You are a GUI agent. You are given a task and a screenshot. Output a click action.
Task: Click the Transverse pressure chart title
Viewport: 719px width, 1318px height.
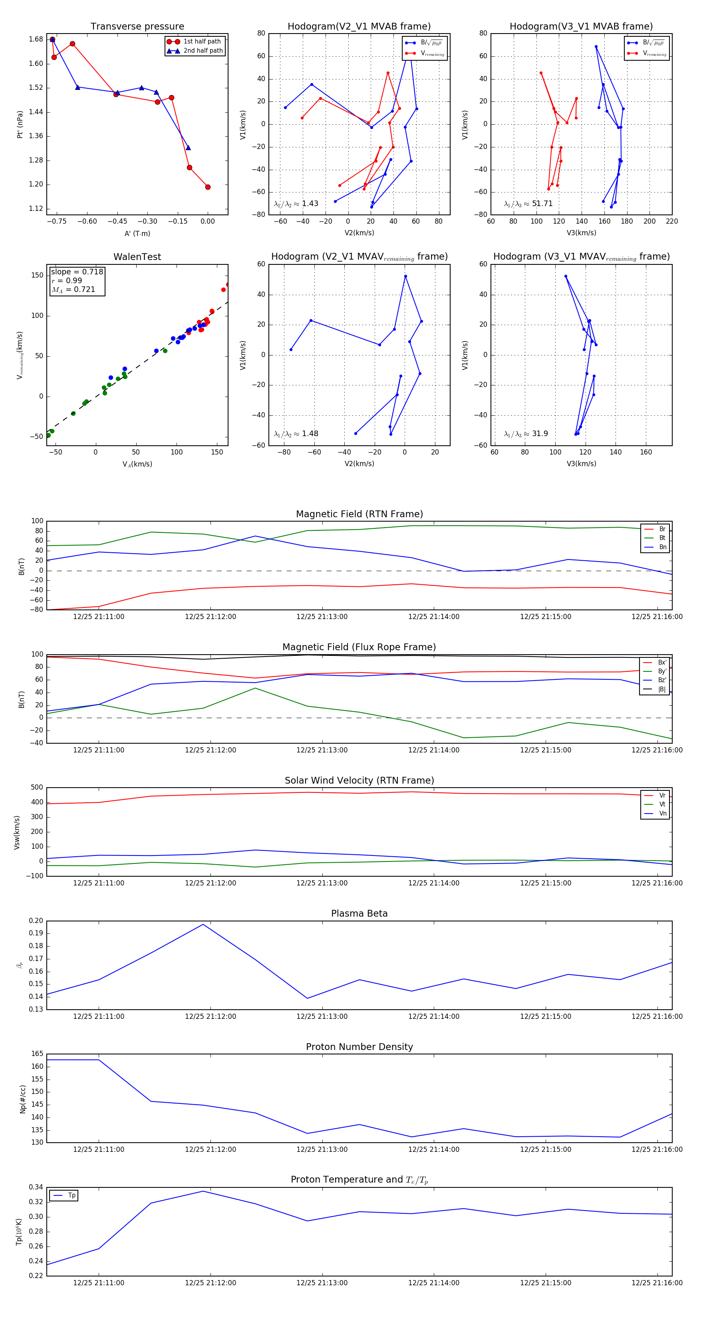tap(137, 27)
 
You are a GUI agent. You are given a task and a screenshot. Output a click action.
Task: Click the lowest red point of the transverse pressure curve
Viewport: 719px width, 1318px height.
tap(208, 187)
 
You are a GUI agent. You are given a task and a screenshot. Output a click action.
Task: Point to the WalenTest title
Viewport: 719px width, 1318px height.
tap(137, 257)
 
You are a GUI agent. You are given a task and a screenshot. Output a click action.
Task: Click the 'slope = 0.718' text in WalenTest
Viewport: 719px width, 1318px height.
tap(77, 272)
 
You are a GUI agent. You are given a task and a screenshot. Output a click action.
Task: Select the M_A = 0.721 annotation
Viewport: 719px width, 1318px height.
tap(73, 290)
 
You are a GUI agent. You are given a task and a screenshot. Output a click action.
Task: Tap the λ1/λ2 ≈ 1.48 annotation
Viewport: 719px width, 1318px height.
tap(296, 434)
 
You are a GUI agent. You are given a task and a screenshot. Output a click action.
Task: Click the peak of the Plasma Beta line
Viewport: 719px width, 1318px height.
tap(203, 925)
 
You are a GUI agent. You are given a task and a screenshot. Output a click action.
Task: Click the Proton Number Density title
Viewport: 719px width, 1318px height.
tap(359, 1047)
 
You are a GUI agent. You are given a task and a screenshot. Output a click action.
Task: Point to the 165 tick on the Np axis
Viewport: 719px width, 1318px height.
tap(37, 1054)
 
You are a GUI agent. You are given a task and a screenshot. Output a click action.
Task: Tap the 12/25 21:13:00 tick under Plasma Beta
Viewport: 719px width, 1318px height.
tap(322, 1016)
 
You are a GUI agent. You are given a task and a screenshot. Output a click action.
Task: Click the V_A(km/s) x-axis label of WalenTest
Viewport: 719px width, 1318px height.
tap(137, 464)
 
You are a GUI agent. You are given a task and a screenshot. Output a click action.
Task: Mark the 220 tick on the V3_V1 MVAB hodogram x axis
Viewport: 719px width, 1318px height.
tap(671, 222)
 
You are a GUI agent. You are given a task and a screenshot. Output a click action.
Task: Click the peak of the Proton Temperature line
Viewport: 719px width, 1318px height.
tap(203, 1191)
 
